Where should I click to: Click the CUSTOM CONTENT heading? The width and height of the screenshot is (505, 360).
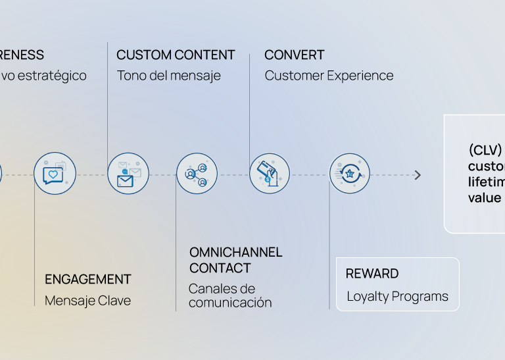pyautogui.click(x=176, y=55)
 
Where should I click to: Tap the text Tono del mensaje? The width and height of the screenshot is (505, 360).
pyautogui.click(x=169, y=76)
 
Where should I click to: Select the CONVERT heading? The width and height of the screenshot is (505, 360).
pyautogui.click(x=295, y=55)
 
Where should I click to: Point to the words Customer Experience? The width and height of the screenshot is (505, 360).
pyautogui.click(x=329, y=76)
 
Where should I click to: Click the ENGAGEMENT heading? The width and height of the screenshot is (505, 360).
pyautogui.click(x=88, y=280)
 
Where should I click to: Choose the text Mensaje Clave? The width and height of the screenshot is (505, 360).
pyautogui.click(x=87, y=301)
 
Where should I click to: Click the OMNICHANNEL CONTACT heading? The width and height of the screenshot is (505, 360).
pyautogui.click(x=235, y=260)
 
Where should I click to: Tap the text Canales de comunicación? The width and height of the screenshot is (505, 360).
pyautogui.click(x=229, y=296)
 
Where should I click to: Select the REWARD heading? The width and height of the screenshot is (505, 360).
pyautogui.click(x=372, y=274)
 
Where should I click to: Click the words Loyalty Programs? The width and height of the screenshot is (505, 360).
pyautogui.click(x=397, y=297)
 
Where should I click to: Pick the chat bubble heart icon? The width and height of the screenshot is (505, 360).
pyautogui.click(x=55, y=174)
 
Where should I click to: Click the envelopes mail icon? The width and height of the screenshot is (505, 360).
pyautogui.click(x=128, y=174)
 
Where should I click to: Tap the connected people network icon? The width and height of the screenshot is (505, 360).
pyautogui.click(x=197, y=174)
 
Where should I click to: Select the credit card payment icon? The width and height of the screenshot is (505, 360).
pyautogui.click(x=269, y=174)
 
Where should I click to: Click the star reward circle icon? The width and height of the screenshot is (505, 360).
pyautogui.click(x=349, y=174)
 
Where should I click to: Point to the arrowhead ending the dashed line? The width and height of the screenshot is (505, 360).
pyautogui.click(x=418, y=175)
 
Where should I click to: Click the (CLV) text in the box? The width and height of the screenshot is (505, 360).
pyautogui.click(x=485, y=149)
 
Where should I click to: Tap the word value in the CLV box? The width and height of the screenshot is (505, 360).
pyautogui.click(x=485, y=198)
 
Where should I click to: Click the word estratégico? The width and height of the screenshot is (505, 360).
pyautogui.click(x=52, y=76)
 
